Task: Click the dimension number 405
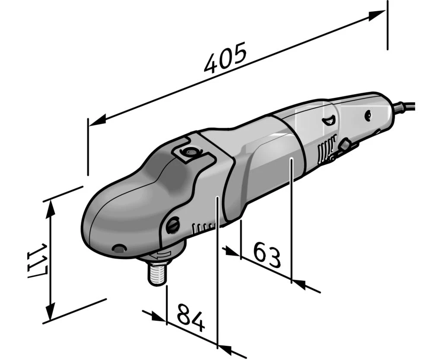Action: (x=225, y=58)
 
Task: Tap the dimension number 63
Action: (x=267, y=256)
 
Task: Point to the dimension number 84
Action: (x=191, y=318)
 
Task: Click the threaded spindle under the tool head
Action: (x=157, y=273)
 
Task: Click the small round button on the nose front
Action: (x=119, y=248)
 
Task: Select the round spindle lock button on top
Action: (x=189, y=152)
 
